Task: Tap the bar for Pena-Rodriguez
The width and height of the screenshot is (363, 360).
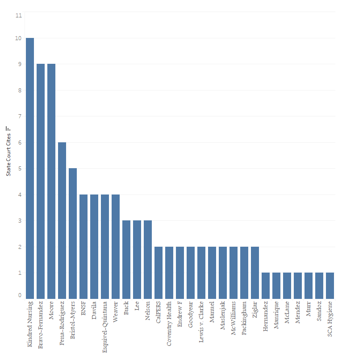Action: [x=62, y=220]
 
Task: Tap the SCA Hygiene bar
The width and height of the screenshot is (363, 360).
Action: [x=330, y=286]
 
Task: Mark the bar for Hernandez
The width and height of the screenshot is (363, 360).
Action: [x=266, y=286]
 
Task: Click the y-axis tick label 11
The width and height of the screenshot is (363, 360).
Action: [x=18, y=15]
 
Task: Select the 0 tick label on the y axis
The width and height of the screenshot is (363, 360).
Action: [x=19, y=295]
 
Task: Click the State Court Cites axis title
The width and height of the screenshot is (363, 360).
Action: [x=8, y=154]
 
